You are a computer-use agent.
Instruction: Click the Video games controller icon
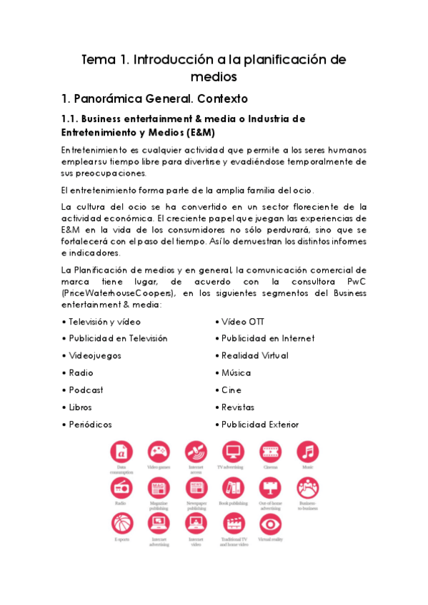159,452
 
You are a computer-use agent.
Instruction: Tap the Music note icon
307,452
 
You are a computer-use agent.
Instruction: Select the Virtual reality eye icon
270,524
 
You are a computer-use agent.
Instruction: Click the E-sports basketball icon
121,524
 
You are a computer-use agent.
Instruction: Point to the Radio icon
121,488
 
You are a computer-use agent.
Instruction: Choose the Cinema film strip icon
270,452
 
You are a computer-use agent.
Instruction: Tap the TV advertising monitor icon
233,452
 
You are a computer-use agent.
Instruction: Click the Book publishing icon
233,488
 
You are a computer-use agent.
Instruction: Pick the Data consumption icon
121,452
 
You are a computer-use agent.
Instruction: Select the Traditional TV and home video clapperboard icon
233,524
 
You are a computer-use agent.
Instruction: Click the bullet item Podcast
86,390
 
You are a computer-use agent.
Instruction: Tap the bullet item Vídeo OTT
242,322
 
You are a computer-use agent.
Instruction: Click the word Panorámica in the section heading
121,98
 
